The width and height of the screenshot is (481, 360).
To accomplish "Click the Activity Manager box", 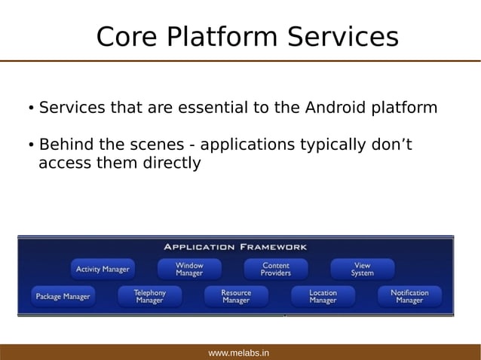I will click(x=103, y=270).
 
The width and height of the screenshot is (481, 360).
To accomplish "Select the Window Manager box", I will click(x=189, y=270).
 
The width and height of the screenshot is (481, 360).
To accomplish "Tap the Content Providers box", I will click(x=276, y=270).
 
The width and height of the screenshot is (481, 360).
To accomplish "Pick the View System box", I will click(x=362, y=270).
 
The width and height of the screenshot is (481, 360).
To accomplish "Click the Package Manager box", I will click(x=63, y=297).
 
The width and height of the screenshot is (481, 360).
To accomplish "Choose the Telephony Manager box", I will click(x=149, y=297).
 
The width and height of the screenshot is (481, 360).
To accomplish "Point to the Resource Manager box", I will click(x=236, y=297).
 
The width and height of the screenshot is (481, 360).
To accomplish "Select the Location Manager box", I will click(x=323, y=297).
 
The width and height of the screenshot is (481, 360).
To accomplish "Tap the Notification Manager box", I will click(x=409, y=297).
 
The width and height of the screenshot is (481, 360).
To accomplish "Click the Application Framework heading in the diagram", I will click(x=235, y=247).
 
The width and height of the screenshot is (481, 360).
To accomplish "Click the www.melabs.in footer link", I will click(x=239, y=352).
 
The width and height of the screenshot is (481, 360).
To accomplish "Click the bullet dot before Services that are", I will click(x=30, y=109).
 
